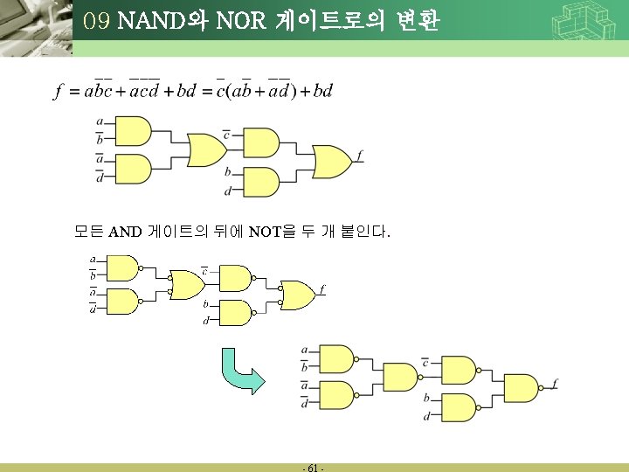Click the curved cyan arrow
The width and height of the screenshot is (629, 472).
[x=243, y=371]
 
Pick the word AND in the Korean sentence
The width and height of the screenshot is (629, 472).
[x=125, y=233]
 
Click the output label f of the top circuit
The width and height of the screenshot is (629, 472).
[x=360, y=156]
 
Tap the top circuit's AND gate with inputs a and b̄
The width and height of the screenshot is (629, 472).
[x=133, y=132]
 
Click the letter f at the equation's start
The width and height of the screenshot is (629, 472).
[x=58, y=92]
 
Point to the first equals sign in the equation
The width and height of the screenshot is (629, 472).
[x=73, y=92]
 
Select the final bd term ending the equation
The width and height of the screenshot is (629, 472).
[x=322, y=92]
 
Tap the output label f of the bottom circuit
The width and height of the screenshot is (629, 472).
[x=556, y=383]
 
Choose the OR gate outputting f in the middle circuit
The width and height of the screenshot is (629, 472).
[x=299, y=295]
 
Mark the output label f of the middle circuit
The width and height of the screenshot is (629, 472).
[x=321, y=288]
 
